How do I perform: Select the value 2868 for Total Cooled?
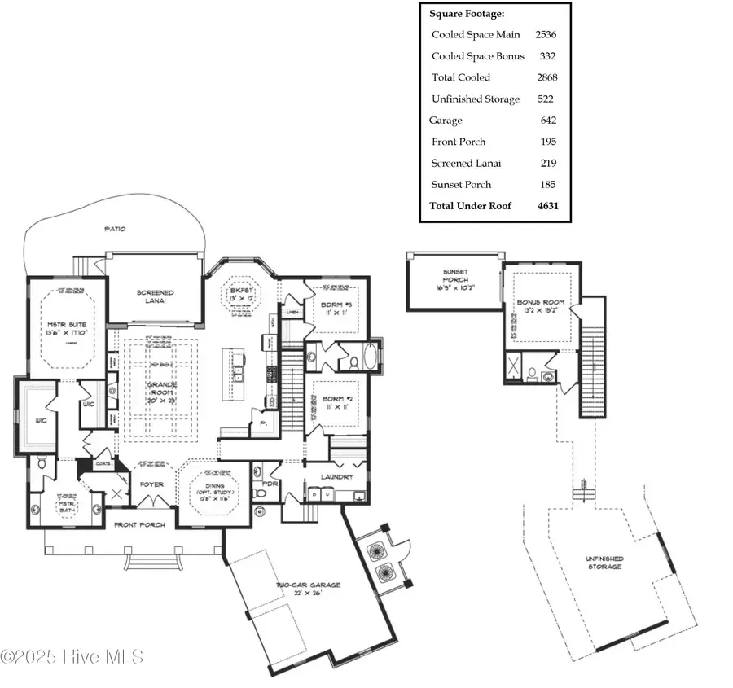pyautogui.click(x=546, y=77)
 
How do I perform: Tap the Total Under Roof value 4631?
pyautogui.click(x=546, y=206)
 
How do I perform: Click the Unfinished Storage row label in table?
pyautogui.click(x=476, y=99)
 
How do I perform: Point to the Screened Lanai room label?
pyautogui.click(x=155, y=296)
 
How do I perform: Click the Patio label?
pyautogui.click(x=116, y=229)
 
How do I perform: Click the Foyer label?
pyautogui.click(x=152, y=484)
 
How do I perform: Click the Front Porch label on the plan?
pyautogui.click(x=138, y=525)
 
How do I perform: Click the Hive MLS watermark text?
pyautogui.click(x=73, y=656)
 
